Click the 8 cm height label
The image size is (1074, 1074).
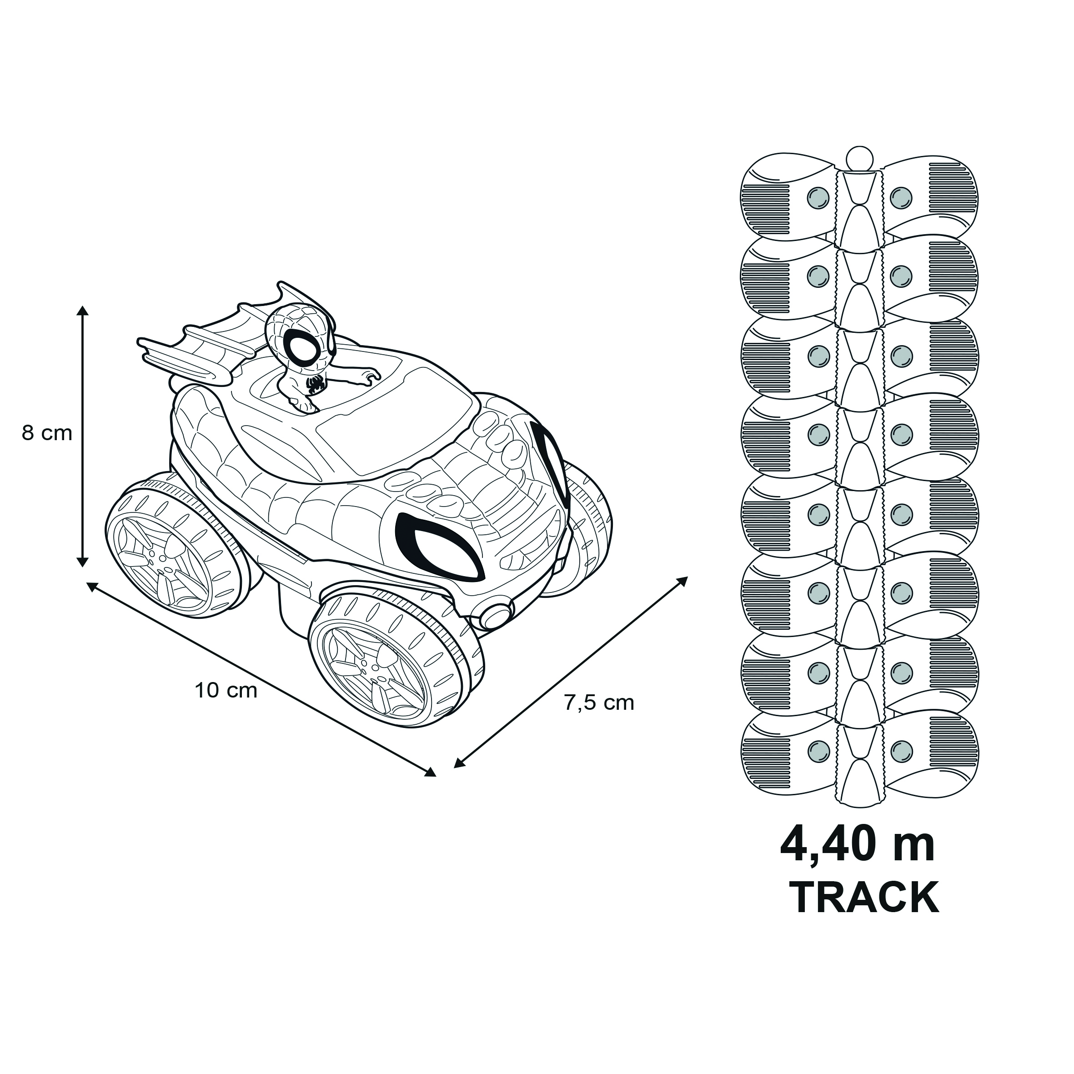(47, 433)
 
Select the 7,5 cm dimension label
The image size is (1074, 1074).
(599, 703)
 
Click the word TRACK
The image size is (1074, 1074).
(864, 897)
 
